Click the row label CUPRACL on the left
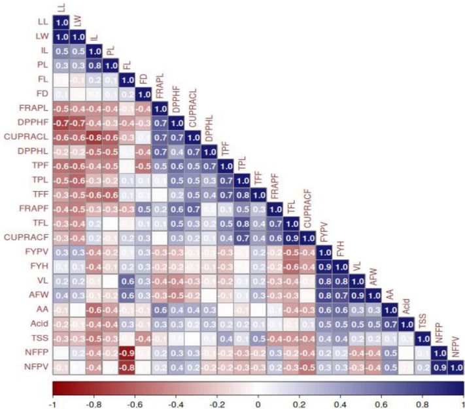point(27,137)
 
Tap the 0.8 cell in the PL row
point(88,65)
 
